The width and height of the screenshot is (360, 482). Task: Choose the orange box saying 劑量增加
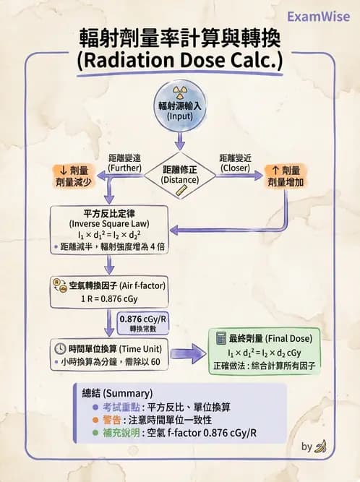tap(284, 177)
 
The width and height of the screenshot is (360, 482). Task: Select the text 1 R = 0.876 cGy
tap(109, 297)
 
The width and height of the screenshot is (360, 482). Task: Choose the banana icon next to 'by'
tap(320, 447)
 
